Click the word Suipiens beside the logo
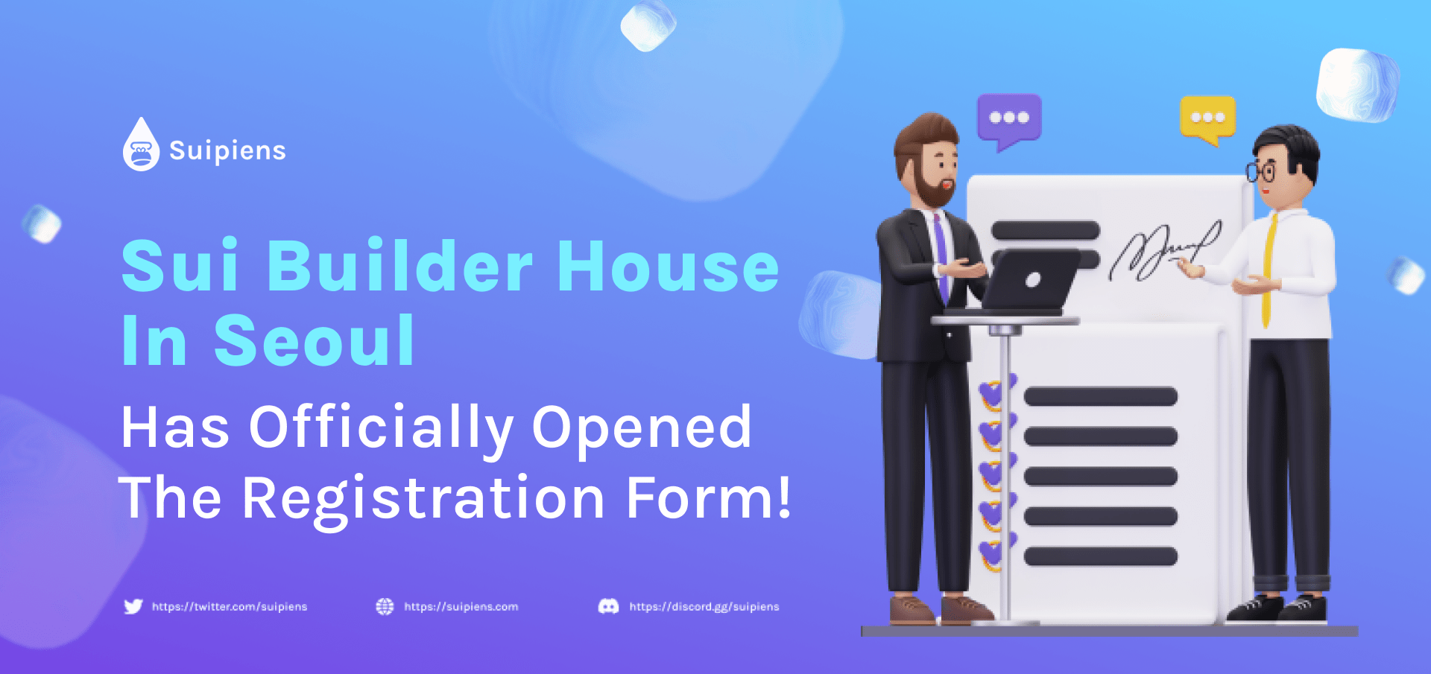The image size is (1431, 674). [x=227, y=150]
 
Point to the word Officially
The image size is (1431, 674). [x=381, y=428]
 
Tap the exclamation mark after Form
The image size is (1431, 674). [x=783, y=497]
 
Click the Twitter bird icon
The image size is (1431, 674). [x=133, y=606]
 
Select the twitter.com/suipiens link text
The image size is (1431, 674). [x=230, y=607]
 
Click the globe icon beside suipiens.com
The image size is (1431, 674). [x=385, y=606]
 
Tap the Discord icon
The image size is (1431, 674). [x=608, y=606]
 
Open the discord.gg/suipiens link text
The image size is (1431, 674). [x=704, y=607]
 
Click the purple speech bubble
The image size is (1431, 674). [x=1009, y=120]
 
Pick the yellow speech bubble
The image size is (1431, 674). [x=1208, y=119]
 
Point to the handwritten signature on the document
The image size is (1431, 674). [x=1165, y=250]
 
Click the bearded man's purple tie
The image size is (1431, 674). [x=941, y=257]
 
